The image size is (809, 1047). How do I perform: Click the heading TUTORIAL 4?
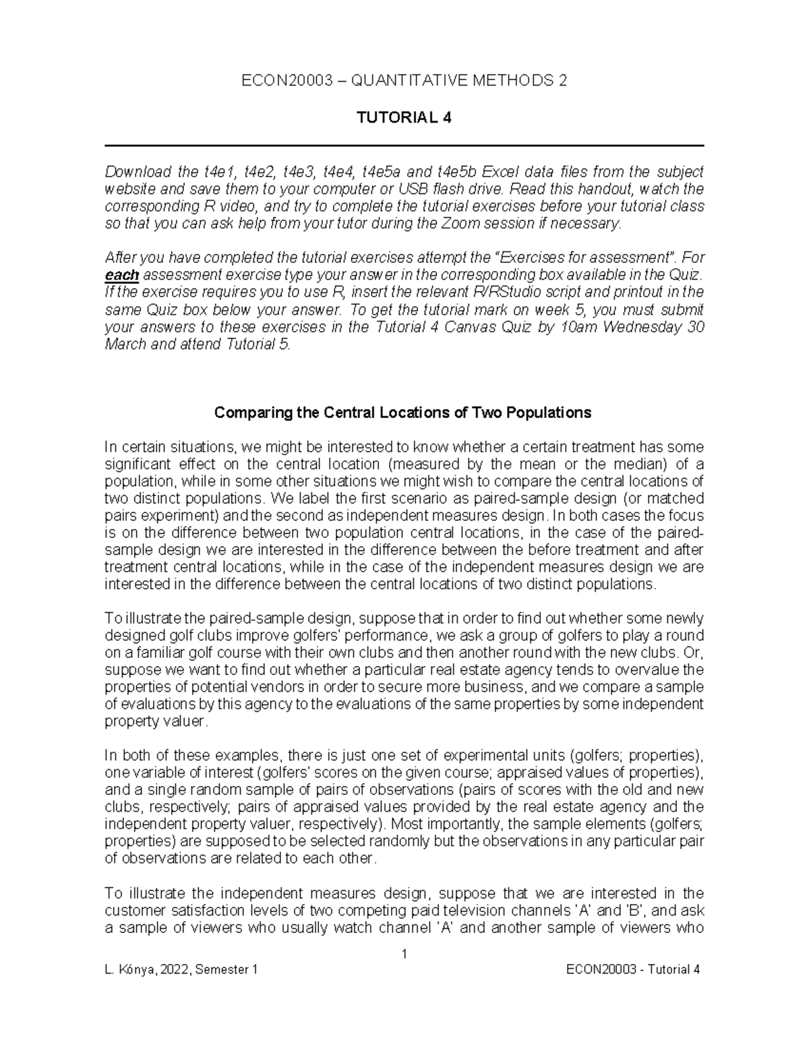pos(404,118)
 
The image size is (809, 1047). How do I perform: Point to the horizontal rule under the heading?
pos(404,146)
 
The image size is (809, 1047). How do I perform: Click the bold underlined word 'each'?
pos(122,275)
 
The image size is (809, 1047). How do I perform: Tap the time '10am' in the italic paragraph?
pos(579,328)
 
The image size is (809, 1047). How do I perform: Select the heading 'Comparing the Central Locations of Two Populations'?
pos(402,413)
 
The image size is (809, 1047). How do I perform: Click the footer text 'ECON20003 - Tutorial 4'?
pos(634,969)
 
